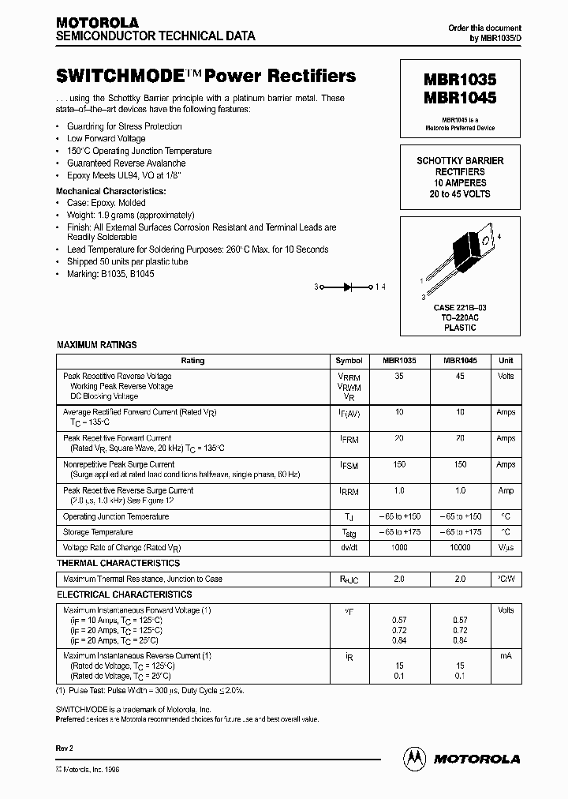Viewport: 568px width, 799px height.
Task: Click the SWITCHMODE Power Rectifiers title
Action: [x=205, y=77]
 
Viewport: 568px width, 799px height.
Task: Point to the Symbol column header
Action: [x=348, y=360]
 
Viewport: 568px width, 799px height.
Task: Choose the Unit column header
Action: [x=505, y=360]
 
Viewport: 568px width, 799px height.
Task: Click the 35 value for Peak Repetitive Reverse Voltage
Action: [x=398, y=377]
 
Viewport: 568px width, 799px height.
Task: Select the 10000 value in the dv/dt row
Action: [x=459, y=547]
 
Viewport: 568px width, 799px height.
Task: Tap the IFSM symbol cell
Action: [x=348, y=466]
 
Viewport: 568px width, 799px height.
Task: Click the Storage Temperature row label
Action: [x=99, y=532]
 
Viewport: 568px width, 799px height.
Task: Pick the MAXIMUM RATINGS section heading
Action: [x=96, y=345]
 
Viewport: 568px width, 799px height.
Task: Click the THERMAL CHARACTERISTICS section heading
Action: [x=118, y=563]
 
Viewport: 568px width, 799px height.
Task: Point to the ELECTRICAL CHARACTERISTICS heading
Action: [x=124, y=595]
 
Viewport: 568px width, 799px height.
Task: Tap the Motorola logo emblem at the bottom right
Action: [x=415, y=758]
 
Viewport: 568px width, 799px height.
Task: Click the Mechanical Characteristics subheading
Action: [x=110, y=191]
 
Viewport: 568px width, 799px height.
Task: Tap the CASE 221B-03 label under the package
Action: [x=460, y=308]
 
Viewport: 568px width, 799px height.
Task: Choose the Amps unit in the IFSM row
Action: [x=505, y=464]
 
